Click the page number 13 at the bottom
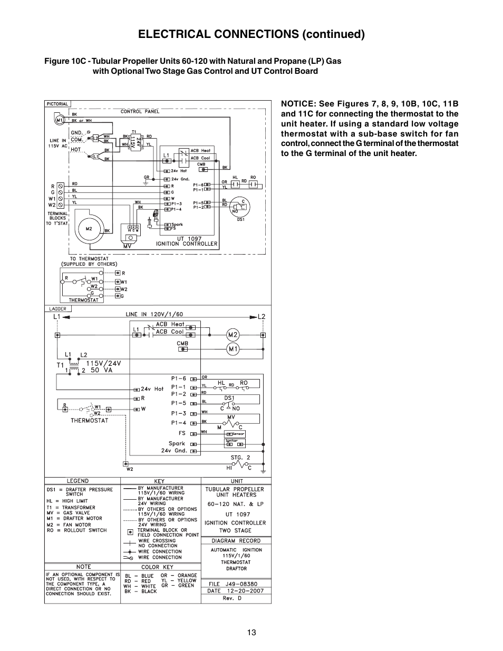pos(252,633)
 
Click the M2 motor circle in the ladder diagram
pos(233,335)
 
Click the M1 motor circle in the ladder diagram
pos(233,348)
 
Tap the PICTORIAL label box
pos(57,104)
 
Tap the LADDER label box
pos(58,309)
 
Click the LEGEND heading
pos(78,481)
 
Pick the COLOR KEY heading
pos(157,567)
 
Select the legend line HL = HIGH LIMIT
pos(67,501)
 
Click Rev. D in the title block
pos(232,598)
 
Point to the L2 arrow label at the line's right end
pos(261,316)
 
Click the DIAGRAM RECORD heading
pos(236,540)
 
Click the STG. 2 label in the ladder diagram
pos(240,458)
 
